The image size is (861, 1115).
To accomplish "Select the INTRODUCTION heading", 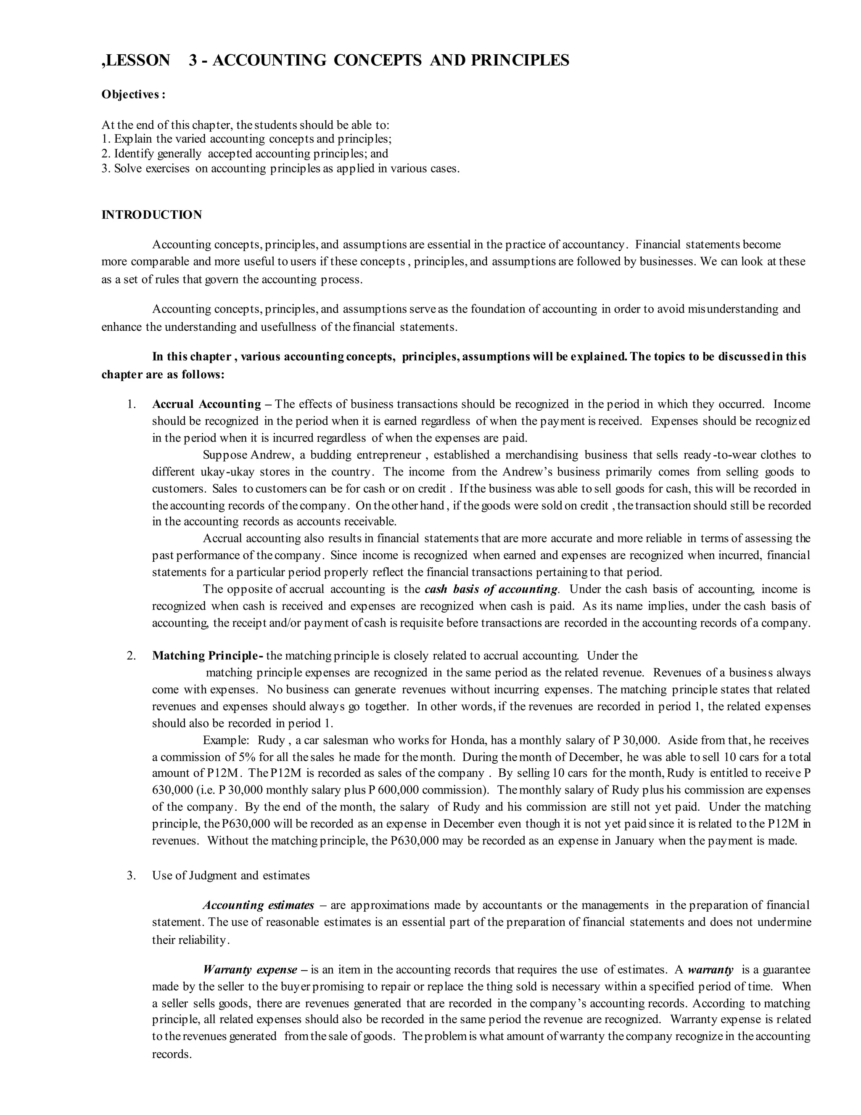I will click(151, 215).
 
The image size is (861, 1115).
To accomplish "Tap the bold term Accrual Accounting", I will click(206, 404).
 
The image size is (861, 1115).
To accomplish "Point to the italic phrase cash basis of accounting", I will click(491, 589).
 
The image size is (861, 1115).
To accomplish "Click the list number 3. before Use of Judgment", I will click(131, 876).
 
